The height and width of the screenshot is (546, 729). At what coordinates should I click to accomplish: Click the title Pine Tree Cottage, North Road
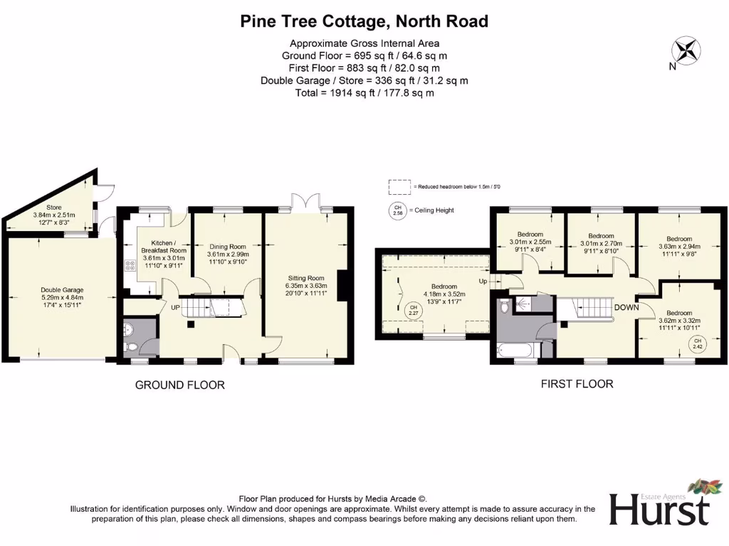[364, 21]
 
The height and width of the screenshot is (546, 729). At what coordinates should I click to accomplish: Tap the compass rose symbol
[687, 51]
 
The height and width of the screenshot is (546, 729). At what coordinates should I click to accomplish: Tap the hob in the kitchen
[130, 266]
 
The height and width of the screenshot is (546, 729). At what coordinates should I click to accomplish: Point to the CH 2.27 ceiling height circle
[412, 309]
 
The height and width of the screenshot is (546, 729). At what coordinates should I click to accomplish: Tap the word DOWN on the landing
[626, 307]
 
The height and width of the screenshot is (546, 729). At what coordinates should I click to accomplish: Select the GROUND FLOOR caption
[180, 385]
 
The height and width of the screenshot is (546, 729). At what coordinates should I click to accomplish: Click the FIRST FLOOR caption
[577, 384]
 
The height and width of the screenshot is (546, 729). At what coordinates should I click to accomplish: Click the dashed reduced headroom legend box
[399, 186]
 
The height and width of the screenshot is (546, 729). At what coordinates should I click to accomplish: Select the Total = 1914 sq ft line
[364, 92]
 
